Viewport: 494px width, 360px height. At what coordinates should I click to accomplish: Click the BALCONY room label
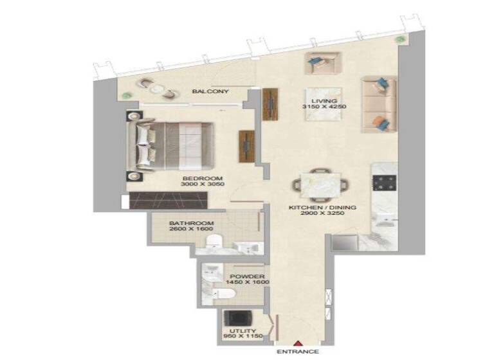click(x=210, y=92)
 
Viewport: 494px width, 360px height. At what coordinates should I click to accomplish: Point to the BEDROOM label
click(x=202, y=178)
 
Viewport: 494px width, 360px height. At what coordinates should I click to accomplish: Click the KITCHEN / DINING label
click(x=322, y=208)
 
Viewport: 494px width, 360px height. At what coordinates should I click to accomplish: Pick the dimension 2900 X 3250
click(x=322, y=215)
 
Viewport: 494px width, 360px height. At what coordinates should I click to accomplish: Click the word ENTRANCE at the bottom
click(x=297, y=352)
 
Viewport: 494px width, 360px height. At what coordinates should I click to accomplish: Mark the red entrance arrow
click(x=297, y=343)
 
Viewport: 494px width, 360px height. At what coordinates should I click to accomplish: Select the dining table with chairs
click(x=322, y=184)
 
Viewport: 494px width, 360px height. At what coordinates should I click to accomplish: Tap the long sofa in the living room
click(x=378, y=105)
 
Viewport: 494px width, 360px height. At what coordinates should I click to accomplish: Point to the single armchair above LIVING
click(x=323, y=64)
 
